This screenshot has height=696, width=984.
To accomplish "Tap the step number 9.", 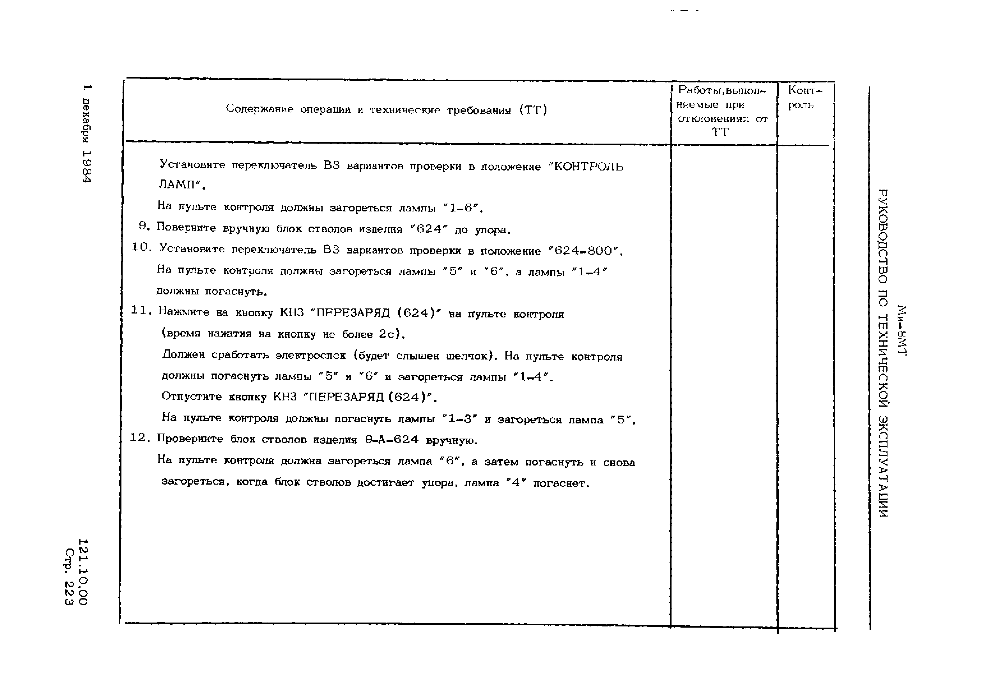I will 144,226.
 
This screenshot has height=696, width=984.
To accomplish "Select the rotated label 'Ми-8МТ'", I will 902,330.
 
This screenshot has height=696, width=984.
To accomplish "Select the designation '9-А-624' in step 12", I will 391,440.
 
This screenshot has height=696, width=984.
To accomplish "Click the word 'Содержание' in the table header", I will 259,109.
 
